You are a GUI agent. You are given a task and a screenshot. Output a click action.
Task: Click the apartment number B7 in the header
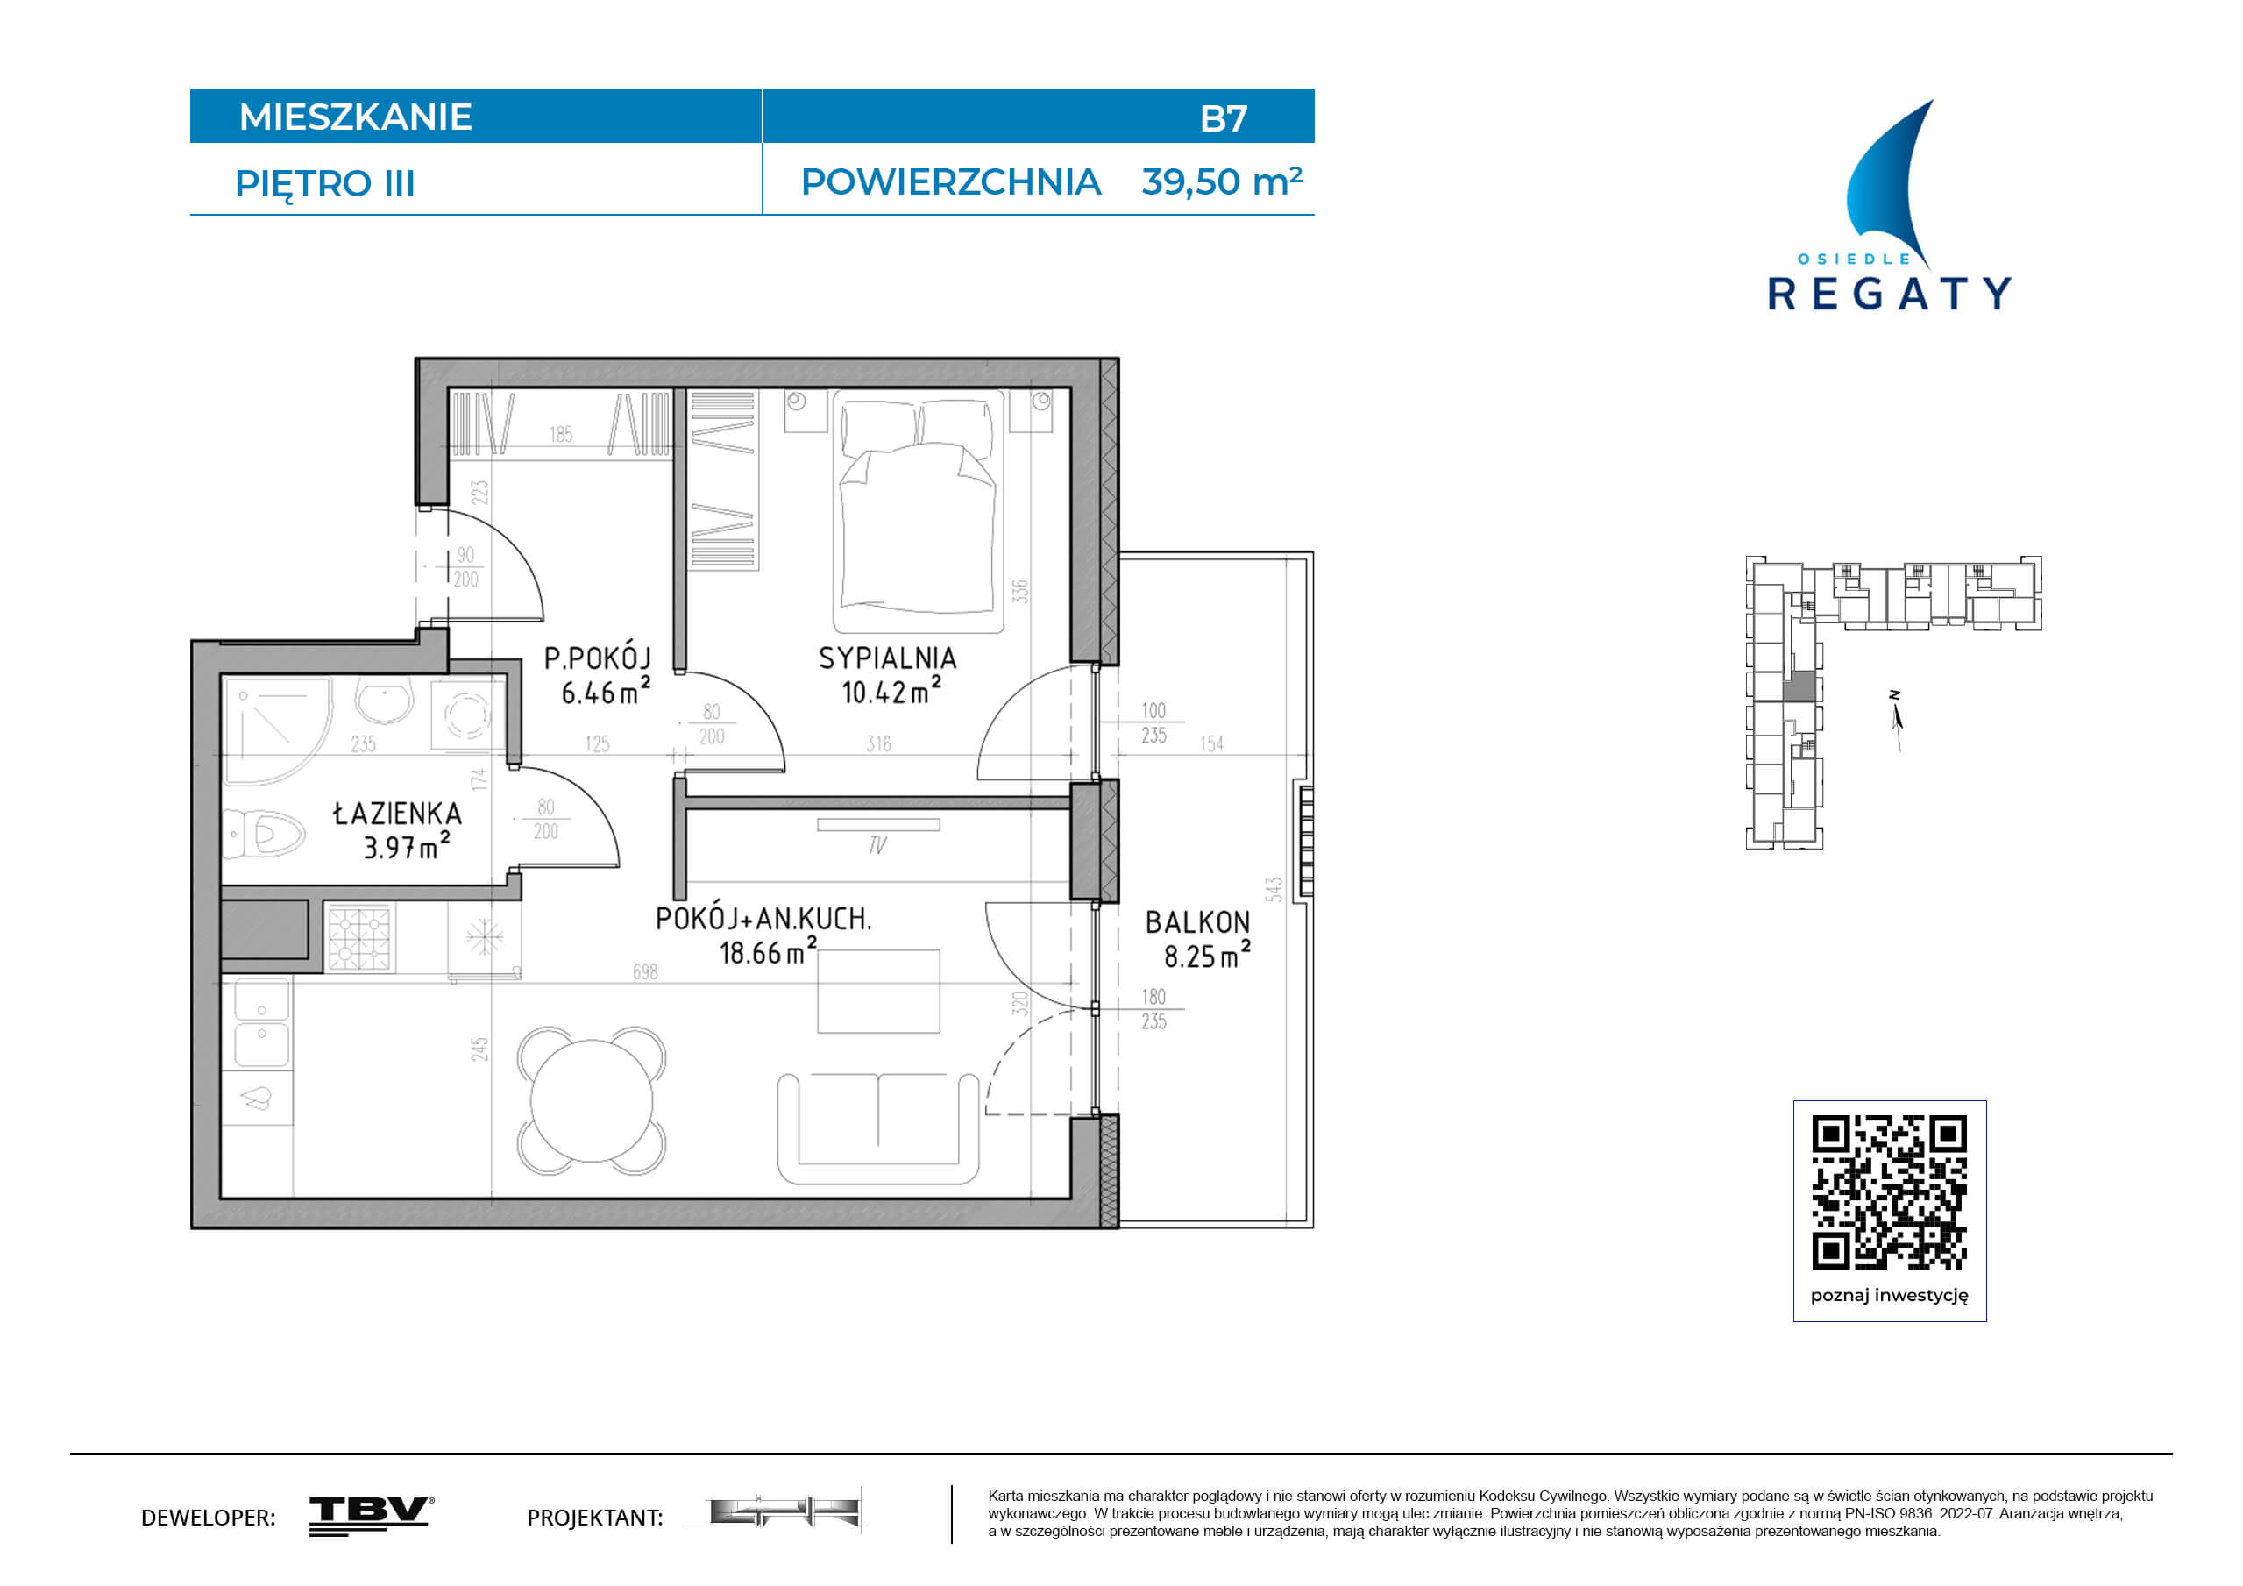tap(1223, 118)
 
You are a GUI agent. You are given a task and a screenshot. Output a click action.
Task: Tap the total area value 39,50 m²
tap(1221, 181)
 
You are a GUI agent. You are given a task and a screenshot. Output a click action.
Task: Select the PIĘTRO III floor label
tap(325, 185)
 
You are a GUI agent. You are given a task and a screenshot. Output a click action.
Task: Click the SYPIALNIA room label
tap(887, 658)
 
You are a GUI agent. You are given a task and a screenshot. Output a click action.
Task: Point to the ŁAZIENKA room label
tap(397, 813)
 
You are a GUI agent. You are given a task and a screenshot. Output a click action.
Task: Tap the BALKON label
tap(1197, 922)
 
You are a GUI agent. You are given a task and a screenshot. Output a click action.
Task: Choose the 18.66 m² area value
tap(767, 952)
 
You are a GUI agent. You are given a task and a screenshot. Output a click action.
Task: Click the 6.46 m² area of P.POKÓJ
tap(605, 692)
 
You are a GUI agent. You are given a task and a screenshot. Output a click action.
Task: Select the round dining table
tap(591, 1101)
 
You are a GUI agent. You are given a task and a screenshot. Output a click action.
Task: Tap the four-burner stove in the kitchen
tap(359, 937)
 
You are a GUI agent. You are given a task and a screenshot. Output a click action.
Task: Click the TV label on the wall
tap(877, 845)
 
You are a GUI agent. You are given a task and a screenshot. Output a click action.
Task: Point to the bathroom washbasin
tap(384, 701)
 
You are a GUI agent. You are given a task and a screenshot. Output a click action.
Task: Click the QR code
tap(1890, 1192)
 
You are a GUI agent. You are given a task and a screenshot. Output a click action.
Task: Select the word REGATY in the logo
tap(1890, 294)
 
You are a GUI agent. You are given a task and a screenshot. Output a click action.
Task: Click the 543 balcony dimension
tap(1273, 889)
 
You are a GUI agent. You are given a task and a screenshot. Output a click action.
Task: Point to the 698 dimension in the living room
tap(646, 972)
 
